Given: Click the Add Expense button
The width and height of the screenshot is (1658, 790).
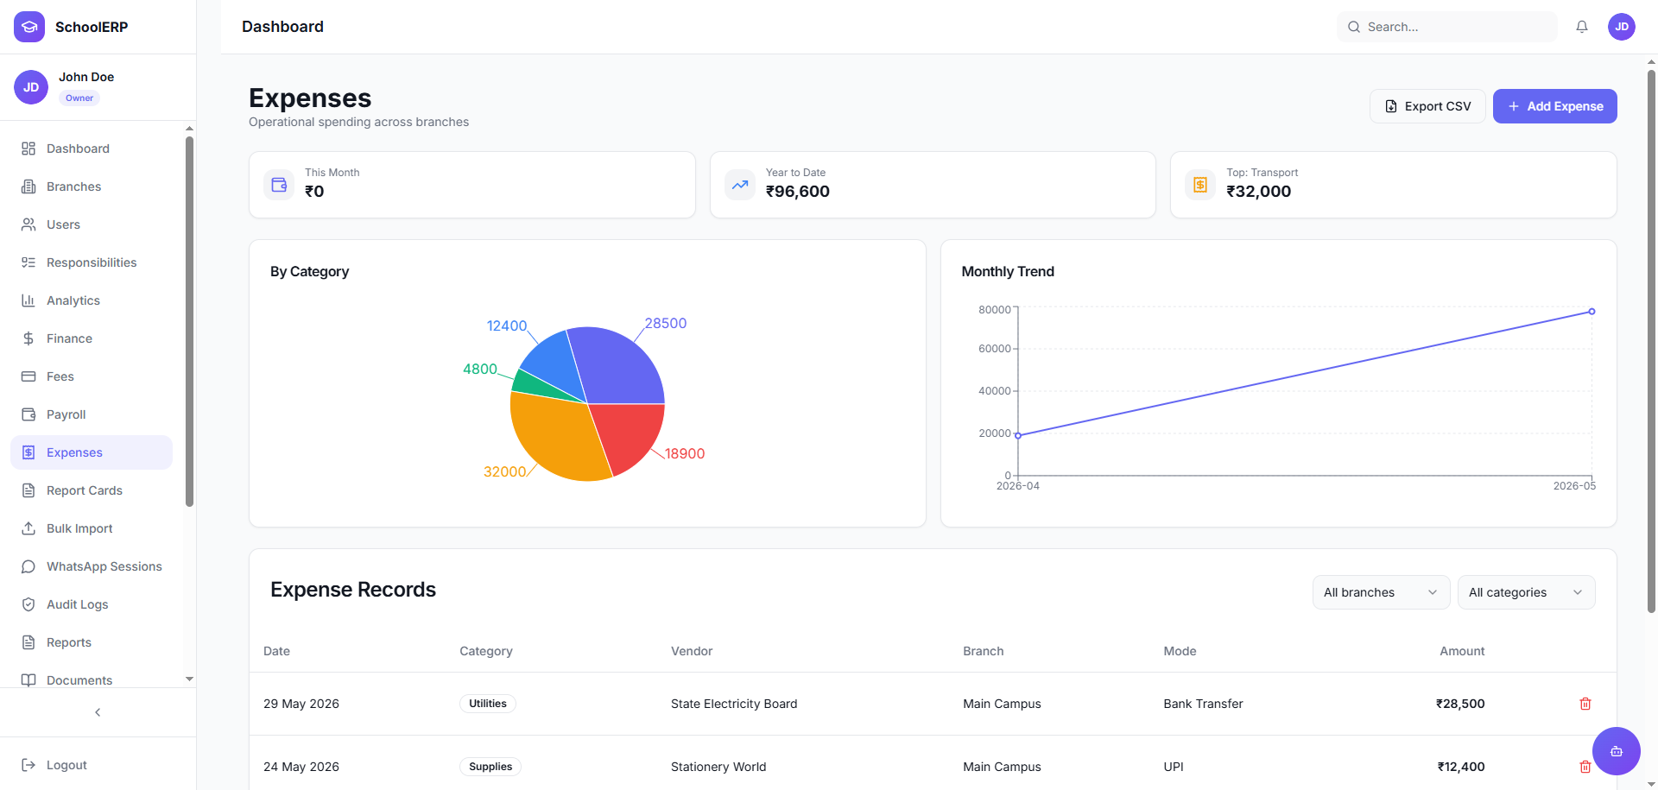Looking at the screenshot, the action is pos(1554,106).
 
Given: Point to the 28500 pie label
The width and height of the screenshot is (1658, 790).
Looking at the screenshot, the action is pos(666,324).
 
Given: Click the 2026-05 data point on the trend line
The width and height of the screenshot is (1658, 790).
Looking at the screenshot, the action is pos(1592,312).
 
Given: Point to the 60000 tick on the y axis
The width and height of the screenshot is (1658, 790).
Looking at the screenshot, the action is pos(994,349).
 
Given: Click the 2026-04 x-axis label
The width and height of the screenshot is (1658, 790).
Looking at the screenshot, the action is pos(1018,486).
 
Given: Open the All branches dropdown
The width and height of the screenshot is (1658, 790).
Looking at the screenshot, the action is pos(1381,592).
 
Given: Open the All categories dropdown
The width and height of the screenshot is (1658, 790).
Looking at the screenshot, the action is pos(1526,592).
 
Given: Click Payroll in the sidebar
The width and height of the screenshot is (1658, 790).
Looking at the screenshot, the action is pos(66,414).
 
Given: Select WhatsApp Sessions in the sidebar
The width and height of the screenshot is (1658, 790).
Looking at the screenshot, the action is pos(104,566).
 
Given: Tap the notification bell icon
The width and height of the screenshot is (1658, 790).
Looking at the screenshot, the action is pos(1582,27).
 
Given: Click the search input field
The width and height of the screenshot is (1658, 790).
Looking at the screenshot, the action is pos(1447,27).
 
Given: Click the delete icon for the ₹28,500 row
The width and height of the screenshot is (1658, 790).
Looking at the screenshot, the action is pos(1585,704).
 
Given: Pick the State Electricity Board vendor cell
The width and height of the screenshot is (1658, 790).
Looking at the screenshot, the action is pos(734,704).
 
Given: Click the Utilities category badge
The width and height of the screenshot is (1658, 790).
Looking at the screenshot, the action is pos(488,704).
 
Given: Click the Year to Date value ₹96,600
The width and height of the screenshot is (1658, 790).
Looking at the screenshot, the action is pos(797,192).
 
